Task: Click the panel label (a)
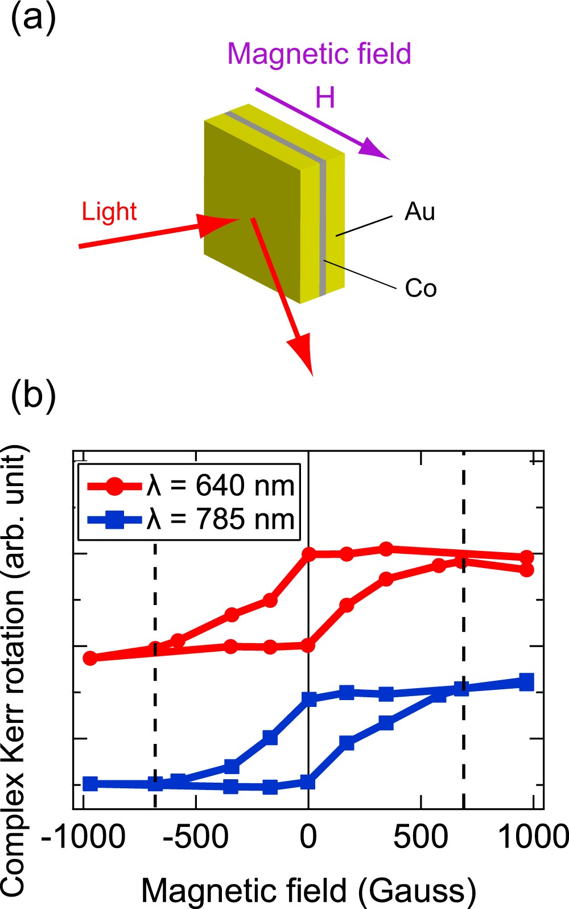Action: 33,18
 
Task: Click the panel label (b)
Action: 33,394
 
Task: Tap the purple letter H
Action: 325,98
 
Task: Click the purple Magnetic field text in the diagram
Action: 319,54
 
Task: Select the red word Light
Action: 109,212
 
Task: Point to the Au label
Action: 420,212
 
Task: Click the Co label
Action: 420,288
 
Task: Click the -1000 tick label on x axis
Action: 84,837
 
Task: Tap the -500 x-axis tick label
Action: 196,837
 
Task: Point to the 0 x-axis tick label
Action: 308,837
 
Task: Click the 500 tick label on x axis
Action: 420,837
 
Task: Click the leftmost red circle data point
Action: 90,658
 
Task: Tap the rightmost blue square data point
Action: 527,681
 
